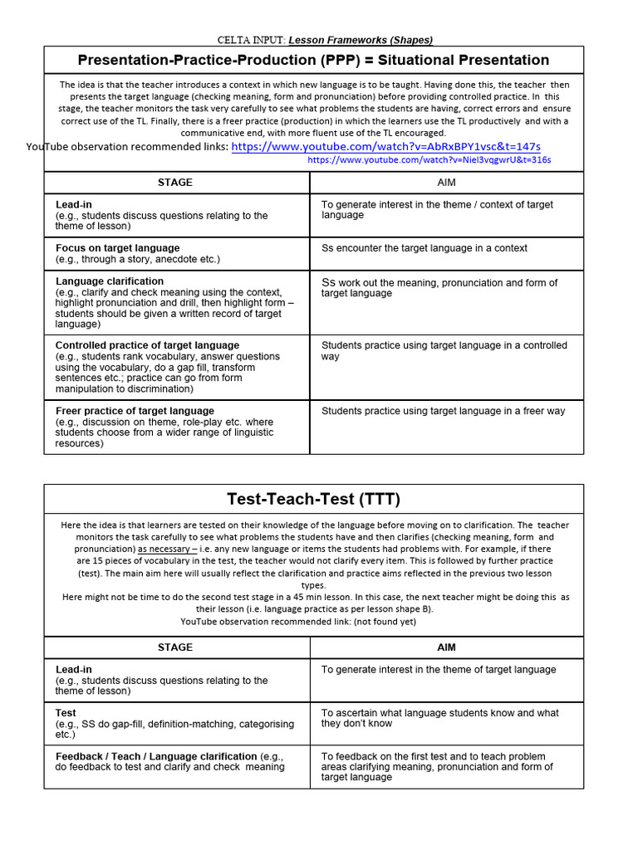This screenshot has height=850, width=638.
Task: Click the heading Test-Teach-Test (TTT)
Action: point(313,499)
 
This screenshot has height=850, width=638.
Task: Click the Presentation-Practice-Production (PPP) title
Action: point(313,60)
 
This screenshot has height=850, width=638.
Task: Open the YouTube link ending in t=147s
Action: point(385,147)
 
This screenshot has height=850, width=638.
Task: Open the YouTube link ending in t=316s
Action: point(429,159)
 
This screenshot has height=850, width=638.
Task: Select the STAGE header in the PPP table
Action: point(175,183)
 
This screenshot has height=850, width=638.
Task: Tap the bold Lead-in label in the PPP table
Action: point(76,204)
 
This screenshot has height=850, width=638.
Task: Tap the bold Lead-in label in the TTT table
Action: point(76,669)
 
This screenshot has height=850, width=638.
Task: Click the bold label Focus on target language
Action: point(117,248)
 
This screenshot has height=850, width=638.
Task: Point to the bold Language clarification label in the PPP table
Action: point(110,281)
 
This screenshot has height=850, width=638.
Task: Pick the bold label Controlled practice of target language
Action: point(147,345)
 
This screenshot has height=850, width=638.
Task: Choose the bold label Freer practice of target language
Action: point(135,411)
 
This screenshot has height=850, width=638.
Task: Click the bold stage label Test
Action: point(66,713)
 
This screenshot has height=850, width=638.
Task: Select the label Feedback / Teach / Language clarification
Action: point(156,756)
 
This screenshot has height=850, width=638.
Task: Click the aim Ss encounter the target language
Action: point(424,248)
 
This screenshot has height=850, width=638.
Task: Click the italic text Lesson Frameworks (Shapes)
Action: point(361,40)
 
